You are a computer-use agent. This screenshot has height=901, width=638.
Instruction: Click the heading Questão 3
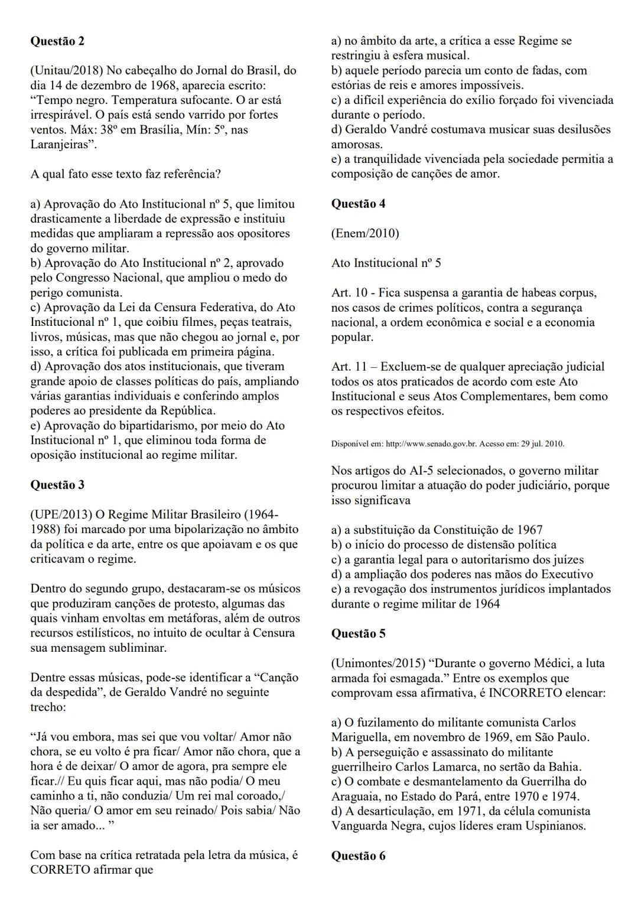pyautogui.click(x=57, y=485)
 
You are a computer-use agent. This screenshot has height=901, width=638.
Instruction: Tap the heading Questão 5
pyautogui.click(x=358, y=634)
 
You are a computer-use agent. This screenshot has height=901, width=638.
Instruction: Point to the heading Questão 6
pyautogui.click(x=358, y=856)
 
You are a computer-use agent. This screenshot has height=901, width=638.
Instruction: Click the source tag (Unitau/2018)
pyautogui.click(x=66, y=70)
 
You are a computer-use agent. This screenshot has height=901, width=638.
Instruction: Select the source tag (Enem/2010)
pyautogui.click(x=365, y=233)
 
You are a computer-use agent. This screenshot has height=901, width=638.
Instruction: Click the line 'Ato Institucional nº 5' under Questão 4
pyautogui.click(x=386, y=263)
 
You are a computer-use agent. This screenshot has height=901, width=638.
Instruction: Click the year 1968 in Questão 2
pyautogui.click(x=158, y=85)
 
